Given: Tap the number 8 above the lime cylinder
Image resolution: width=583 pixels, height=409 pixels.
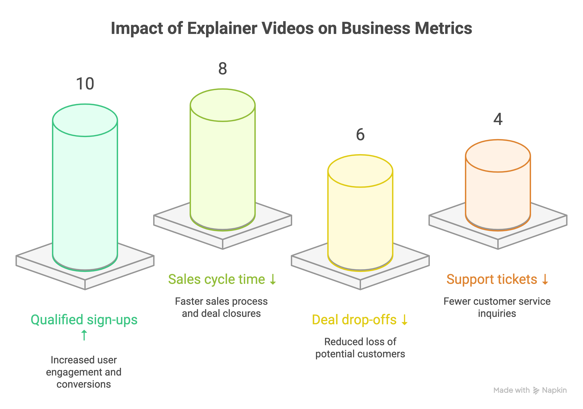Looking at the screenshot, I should pyautogui.click(x=223, y=69).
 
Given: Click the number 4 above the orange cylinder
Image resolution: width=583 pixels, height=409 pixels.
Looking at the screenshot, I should pyautogui.click(x=498, y=119).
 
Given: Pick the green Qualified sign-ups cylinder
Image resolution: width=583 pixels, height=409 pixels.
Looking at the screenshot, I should pyautogui.click(x=85, y=193).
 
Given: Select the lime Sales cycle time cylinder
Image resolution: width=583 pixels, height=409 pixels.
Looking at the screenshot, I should pyautogui.click(x=223, y=165).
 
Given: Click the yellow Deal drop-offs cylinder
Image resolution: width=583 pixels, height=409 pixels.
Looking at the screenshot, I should pyautogui.click(x=360, y=218).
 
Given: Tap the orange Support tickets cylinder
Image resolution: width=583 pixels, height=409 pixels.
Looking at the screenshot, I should pyautogui.click(x=498, y=190).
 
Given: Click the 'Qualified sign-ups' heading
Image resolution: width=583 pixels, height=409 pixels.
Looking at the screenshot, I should pyautogui.click(x=84, y=320).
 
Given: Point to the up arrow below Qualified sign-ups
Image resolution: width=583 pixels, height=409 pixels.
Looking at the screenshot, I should pyautogui.click(x=84, y=335).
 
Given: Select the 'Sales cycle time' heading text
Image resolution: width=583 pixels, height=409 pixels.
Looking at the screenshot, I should pyautogui.click(x=216, y=279).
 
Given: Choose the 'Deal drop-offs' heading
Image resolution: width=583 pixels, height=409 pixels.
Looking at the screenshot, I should pyautogui.click(x=354, y=320).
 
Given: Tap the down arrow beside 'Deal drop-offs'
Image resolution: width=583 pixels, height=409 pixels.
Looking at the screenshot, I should pyautogui.click(x=404, y=320).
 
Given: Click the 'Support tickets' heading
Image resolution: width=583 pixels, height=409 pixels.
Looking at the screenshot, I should pyautogui.click(x=492, y=279).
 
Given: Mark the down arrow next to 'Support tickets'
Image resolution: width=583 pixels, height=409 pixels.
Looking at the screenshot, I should pyautogui.click(x=545, y=279).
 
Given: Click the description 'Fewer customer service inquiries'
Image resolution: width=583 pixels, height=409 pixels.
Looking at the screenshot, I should pyautogui.click(x=497, y=307).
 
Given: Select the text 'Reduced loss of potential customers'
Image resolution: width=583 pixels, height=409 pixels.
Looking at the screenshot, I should pyautogui.click(x=360, y=348).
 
